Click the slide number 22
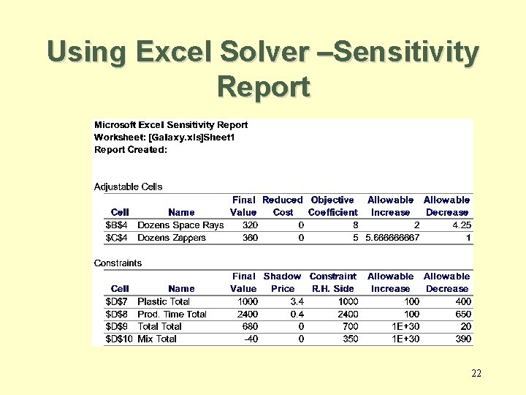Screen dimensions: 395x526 tap(476, 374)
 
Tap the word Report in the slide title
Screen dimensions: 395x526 tap(263, 86)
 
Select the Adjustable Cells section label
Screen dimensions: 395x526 tap(129, 187)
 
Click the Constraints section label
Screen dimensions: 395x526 tap(118, 263)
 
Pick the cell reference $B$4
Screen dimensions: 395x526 tap(118, 225)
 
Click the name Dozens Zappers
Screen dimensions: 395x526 tap(172, 237)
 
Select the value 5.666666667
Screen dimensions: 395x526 tap(392, 237)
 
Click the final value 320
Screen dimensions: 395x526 tap(251, 225)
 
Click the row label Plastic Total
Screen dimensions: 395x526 tap(164, 301)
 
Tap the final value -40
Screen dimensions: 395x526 tap(248, 339)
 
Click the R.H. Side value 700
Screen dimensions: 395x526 tap(347, 326)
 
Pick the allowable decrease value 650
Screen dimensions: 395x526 tap(462, 314)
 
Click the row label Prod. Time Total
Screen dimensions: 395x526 tap(172, 314)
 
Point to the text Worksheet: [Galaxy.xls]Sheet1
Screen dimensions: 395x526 tap(164, 137)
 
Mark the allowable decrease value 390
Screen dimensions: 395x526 tap(462, 339)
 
